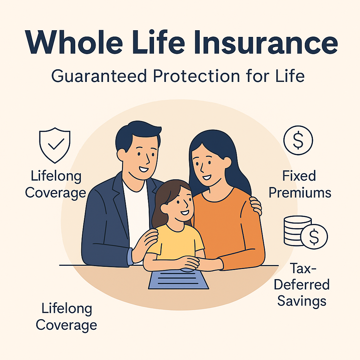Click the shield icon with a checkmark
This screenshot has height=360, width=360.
pyautogui.click(x=55, y=145)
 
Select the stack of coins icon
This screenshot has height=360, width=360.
pyautogui.click(x=297, y=230)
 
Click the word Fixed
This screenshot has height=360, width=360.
pyautogui.click(x=300, y=176)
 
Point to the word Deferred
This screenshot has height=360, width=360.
pyautogui.click(x=302, y=285)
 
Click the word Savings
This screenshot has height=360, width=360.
pyautogui.click(x=302, y=301)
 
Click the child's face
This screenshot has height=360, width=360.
pyautogui.click(x=176, y=204)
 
